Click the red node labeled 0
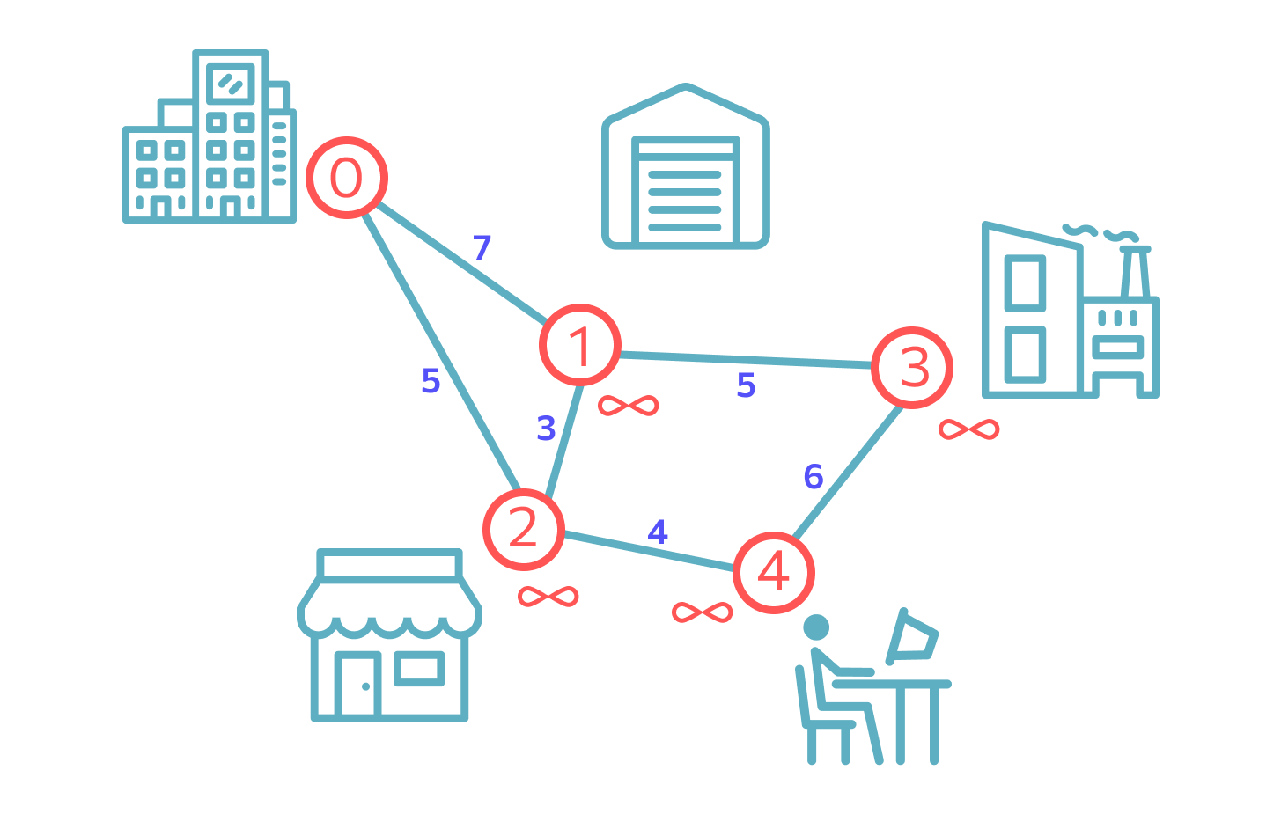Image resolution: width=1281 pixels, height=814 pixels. click(347, 177)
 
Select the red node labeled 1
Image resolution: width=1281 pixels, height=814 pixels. click(580, 345)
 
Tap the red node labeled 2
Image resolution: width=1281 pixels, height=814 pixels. click(524, 530)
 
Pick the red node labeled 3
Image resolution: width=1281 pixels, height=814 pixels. click(911, 368)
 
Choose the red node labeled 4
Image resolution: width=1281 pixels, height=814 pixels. click(774, 573)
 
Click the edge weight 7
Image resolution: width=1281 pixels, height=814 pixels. click(482, 247)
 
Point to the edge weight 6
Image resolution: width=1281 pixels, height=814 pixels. click(814, 476)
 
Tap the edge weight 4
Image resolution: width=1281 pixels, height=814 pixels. click(658, 532)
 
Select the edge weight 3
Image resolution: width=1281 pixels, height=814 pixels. click(546, 429)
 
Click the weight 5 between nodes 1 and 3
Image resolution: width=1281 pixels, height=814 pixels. click(747, 385)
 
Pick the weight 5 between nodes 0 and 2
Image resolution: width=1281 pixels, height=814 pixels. click(431, 381)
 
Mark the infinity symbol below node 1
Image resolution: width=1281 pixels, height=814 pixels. click(628, 406)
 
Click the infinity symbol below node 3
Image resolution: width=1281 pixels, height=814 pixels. click(968, 429)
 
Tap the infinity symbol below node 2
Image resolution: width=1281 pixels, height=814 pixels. click(548, 597)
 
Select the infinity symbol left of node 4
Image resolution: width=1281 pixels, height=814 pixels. click(702, 612)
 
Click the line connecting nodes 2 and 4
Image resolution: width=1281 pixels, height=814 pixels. click(649, 552)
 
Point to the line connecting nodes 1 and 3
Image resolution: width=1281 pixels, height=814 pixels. click(746, 360)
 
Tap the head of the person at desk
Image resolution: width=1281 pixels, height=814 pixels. click(816, 627)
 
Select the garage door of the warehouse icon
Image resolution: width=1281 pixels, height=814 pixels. click(685, 190)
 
